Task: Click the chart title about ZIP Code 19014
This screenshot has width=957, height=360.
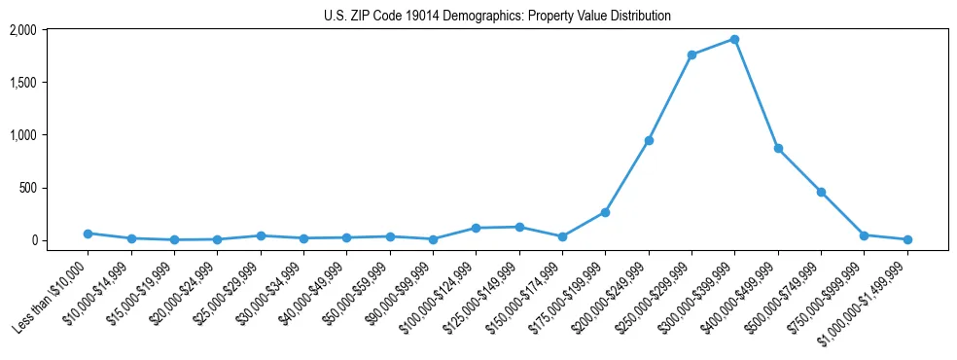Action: [497, 16]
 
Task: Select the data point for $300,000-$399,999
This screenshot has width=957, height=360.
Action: [734, 39]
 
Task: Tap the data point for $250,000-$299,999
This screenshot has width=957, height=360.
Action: [691, 54]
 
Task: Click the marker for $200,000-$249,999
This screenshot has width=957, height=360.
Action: [649, 140]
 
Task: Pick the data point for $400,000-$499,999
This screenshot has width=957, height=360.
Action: [778, 148]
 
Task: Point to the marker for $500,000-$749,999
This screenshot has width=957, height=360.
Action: [821, 192]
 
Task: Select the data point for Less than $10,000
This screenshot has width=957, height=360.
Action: [88, 234]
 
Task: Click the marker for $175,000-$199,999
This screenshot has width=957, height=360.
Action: [605, 212]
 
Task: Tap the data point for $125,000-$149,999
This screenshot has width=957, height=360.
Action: [519, 227]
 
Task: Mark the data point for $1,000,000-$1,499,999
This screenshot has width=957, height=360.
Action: [907, 239]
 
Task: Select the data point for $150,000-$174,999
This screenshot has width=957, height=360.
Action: [562, 236]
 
